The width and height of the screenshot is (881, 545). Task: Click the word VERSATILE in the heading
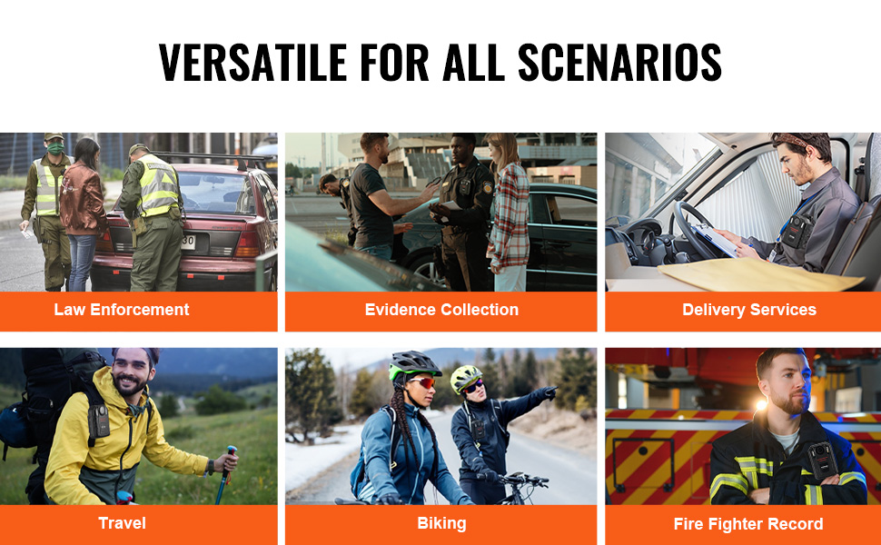tap(252, 63)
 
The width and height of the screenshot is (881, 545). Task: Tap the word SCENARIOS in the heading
tap(619, 63)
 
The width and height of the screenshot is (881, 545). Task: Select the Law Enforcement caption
tap(122, 310)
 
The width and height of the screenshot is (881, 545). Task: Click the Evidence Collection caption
tap(441, 310)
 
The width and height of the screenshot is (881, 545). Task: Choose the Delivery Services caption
tap(749, 310)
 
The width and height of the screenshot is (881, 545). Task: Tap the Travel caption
tap(122, 523)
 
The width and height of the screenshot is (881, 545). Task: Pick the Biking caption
tap(441, 523)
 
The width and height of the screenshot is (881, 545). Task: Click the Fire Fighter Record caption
tap(748, 524)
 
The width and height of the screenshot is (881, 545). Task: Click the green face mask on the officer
tap(55, 148)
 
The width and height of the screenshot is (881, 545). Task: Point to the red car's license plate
tap(188, 243)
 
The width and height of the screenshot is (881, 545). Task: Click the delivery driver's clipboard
tap(714, 239)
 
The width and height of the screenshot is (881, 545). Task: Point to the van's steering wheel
tap(689, 231)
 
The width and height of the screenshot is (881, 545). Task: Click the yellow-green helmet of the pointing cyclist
tap(466, 378)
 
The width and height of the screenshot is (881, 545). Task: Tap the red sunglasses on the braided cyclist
tap(423, 382)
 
